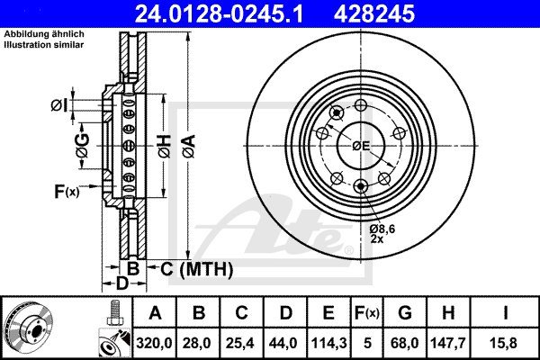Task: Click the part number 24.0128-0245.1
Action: (x=219, y=13)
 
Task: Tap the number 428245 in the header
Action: (x=374, y=13)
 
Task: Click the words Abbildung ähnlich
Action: (x=44, y=34)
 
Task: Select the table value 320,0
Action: (x=154, y=343)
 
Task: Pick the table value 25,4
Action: (x=241, y=343)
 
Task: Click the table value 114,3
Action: (x=328, y=343)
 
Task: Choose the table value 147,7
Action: (x=447, y=343)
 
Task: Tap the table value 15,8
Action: (x=505, y=343)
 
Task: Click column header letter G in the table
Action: (x=405, y=313)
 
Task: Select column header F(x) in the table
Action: (x=367, y=313)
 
